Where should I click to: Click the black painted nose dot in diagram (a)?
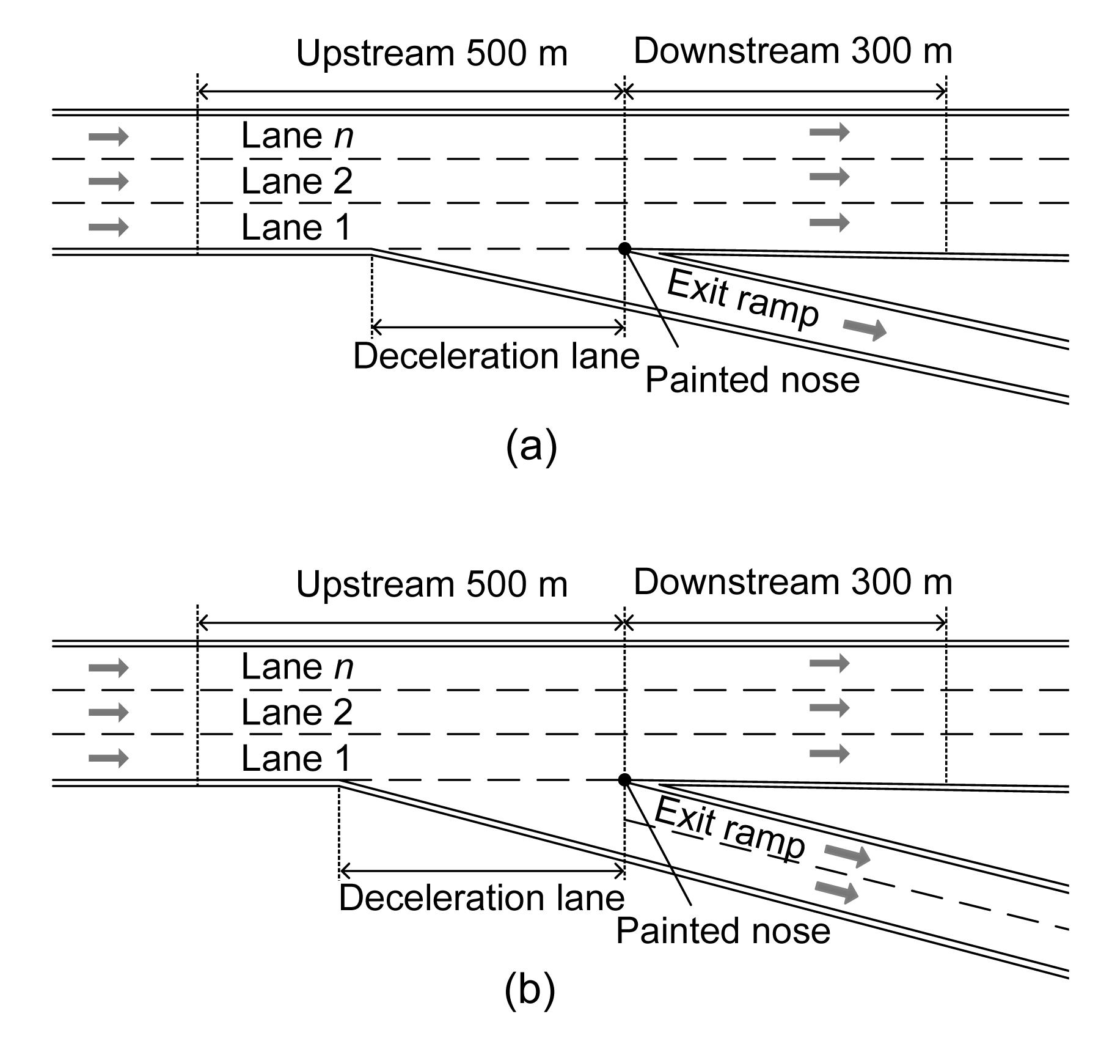(624, 249)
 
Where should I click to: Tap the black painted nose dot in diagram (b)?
(624, 780)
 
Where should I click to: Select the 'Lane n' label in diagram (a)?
(297, 136)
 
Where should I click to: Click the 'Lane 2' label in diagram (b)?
(297, 712)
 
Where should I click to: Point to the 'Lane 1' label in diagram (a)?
(297, 227)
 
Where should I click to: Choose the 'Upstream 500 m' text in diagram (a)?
(432, 53)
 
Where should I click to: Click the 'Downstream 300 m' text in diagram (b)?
(793, 582)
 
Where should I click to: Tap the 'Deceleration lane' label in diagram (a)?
(496, 356)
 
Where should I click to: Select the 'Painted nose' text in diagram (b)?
(723, 931)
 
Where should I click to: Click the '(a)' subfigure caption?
(532, 446)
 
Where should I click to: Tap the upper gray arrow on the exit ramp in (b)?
(847, 855)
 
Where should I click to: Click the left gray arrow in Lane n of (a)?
(109, 136)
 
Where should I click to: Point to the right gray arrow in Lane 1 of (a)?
(829, 222)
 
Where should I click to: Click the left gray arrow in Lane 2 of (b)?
(109, 712)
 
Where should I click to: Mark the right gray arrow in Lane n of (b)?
(829, 663)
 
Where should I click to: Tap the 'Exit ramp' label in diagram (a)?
(742, 299)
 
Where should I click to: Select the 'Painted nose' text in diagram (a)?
(752, 380)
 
